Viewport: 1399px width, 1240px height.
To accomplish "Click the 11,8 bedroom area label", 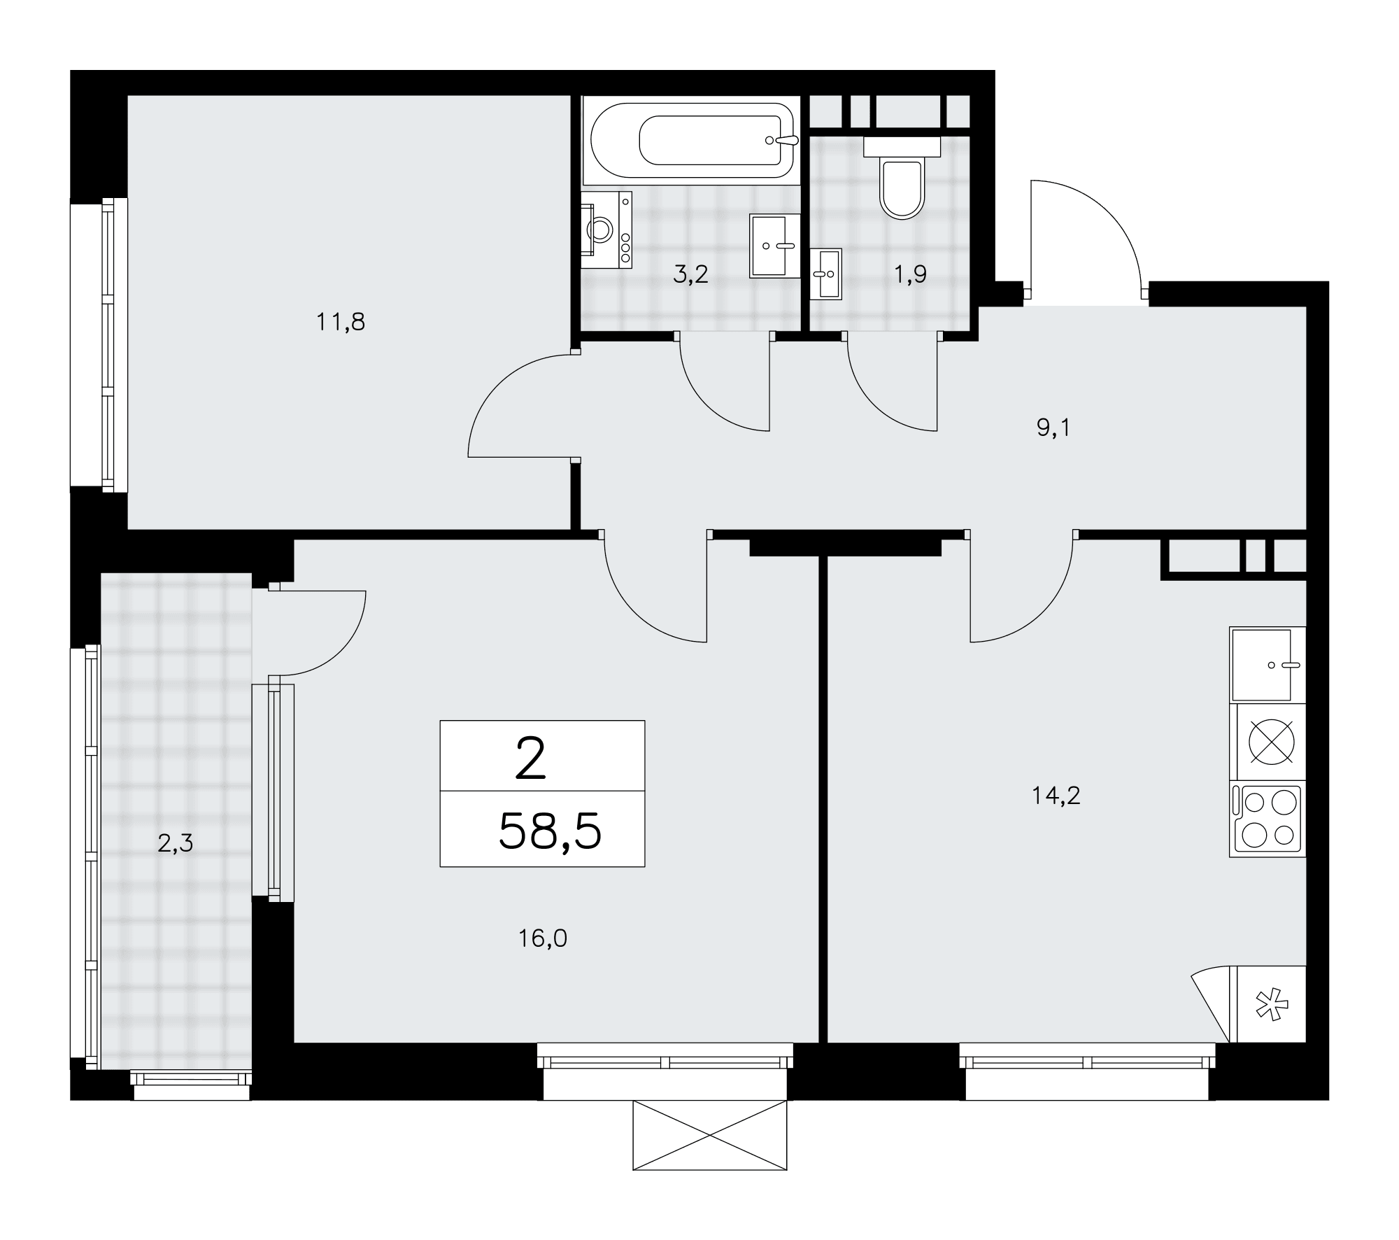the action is (x=341, y=322).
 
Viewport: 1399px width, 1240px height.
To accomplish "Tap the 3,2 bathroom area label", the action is (x=691, y=274).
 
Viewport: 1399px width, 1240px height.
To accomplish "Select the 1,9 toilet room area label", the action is (x=909, y=274).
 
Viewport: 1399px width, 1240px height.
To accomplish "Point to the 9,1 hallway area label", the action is (x=1053, y=428).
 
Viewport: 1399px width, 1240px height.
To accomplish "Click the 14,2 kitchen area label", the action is (x=1056, y=795).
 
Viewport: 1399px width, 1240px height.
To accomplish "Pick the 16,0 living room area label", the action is (x=543, y=938).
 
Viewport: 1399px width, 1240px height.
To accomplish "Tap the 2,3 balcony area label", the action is (x=175, y=844).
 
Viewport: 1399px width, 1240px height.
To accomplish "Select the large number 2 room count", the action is (x=530, y=761).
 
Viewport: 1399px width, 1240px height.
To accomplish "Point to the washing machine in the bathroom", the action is (x=606, y=230).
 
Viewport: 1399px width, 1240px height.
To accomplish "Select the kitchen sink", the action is (x=1267, y=665).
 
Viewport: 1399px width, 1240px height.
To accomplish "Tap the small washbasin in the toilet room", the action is (x=826, y=274).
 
